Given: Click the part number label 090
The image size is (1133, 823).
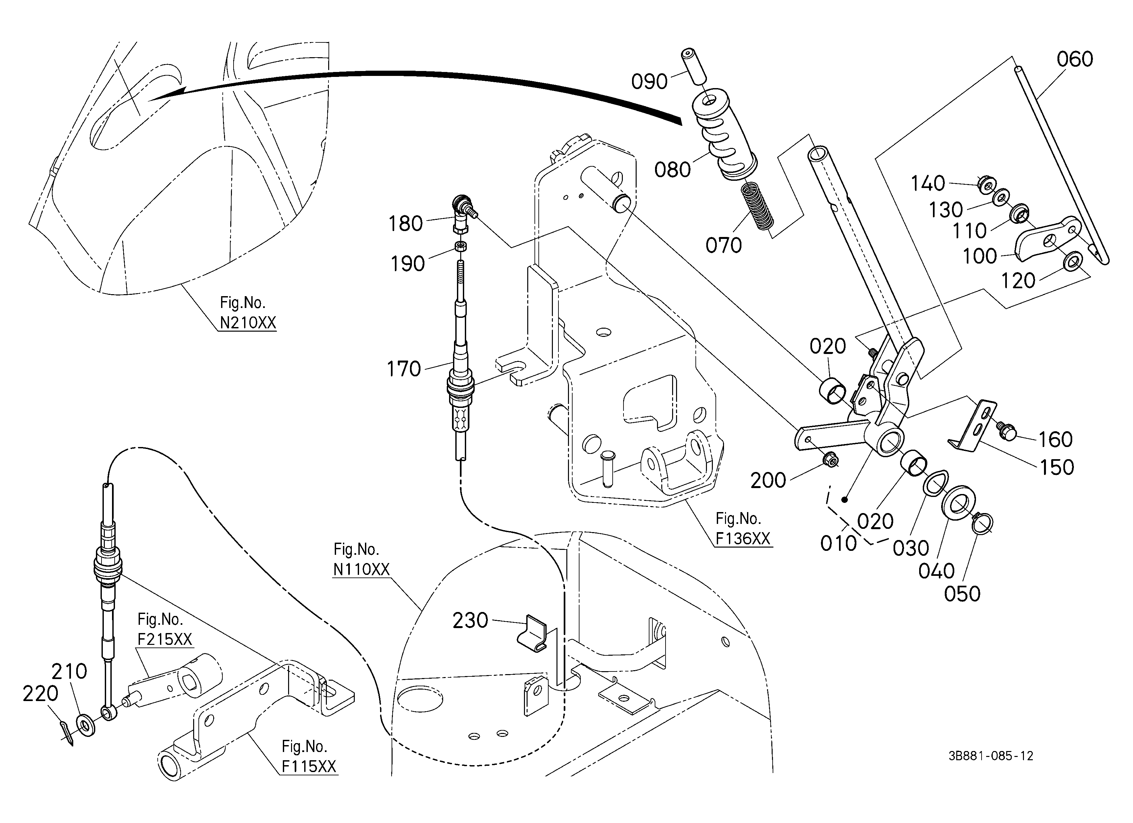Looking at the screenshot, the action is (649, 81).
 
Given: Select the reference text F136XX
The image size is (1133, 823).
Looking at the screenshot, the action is (743, 539).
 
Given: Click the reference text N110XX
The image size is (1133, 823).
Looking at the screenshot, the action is (361, 569).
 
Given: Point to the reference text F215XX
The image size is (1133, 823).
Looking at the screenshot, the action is (165, 639).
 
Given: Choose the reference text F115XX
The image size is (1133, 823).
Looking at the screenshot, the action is (309, 766).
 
